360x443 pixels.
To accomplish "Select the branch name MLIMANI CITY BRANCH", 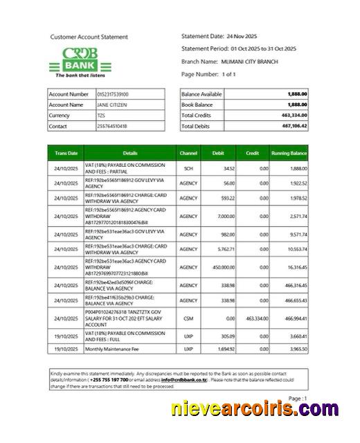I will [x=251, y=62].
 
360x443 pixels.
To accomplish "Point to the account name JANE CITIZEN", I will [x=112, y=105].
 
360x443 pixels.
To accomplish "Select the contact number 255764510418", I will [x=112, y=127].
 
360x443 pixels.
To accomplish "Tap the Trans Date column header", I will [x=66, y=153].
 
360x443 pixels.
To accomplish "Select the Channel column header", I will [x=188, y=153].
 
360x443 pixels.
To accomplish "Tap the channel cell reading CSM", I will [x=188, y=318].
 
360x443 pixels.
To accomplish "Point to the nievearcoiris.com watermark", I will [x=266, y=410].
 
